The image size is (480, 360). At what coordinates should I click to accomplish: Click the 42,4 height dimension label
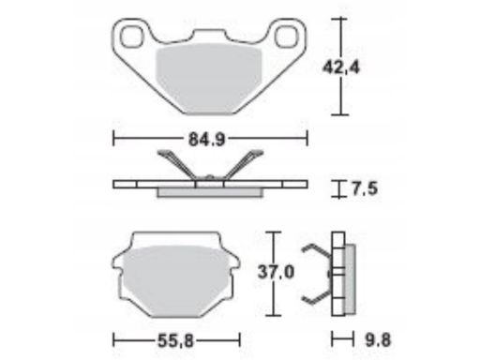(341, 67)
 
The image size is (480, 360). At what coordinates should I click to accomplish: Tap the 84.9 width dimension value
(207, 140)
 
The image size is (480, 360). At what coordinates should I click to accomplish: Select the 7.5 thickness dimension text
(365, 188)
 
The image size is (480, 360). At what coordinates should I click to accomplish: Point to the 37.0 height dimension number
(276, 272)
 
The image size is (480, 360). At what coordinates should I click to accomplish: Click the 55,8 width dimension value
(176, 340)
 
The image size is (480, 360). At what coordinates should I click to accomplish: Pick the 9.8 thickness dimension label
(378, 340)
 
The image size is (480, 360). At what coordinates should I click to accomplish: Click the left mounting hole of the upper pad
(132, 37)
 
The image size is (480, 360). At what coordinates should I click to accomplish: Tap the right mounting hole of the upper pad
(286, 37)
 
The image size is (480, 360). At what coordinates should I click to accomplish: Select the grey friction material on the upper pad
(208, 78)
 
